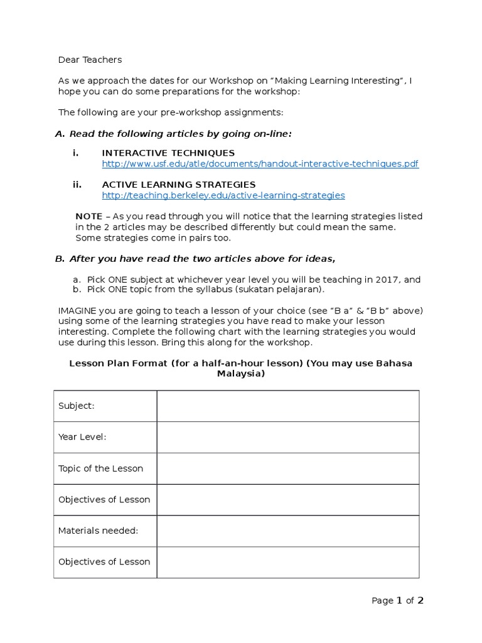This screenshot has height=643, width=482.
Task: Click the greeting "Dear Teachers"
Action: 90,60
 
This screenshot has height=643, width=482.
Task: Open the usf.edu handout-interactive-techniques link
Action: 260,164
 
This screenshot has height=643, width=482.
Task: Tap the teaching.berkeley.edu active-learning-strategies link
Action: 223,195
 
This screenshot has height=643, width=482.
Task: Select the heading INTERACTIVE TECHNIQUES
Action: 168,153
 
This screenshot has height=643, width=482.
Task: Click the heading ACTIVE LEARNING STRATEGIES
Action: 178,185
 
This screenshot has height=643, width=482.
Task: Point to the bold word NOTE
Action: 89,216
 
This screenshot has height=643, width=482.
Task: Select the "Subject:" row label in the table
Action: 77,406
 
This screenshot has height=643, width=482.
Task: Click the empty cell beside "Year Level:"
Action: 287,437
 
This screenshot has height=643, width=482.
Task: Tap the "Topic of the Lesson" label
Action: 100,468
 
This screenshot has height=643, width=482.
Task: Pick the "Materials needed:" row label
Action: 98,531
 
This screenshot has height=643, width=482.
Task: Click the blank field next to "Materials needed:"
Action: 287,531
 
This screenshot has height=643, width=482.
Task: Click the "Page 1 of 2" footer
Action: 397,600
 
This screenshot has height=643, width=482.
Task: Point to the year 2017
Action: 390,279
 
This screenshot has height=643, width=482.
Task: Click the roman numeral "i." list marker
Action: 76,153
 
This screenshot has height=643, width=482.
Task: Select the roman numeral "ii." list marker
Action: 77,185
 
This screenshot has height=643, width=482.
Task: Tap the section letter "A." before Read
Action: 60,134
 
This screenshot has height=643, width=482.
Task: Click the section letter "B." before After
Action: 60,259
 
